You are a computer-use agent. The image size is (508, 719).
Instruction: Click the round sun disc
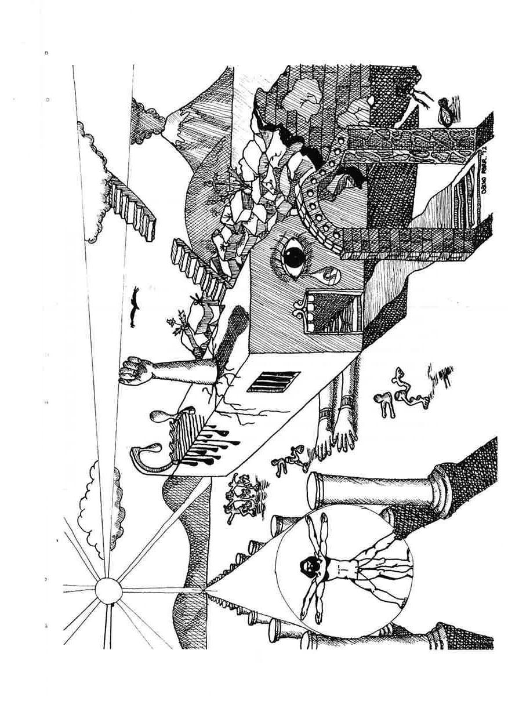[108, 591]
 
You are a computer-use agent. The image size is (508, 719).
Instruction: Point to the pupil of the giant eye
[294, 257]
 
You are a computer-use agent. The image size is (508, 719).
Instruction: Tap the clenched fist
[132, 370]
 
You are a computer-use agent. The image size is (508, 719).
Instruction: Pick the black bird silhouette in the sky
[136, 308]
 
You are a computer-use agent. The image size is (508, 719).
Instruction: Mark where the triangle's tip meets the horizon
[204, 589]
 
